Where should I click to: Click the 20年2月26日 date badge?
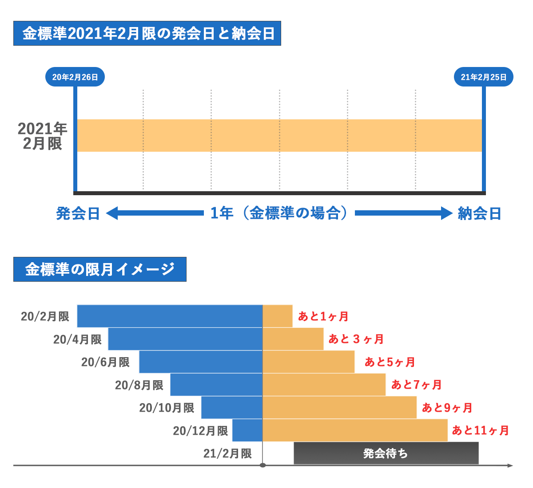click(x=75, y=77)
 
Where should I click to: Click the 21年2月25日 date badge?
click(x=483, y=77)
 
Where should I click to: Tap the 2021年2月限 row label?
click(x=42, y=136)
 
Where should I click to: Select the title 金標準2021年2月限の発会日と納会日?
click(x=147, y=33)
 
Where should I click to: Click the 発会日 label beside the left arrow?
click(x=78, y=213)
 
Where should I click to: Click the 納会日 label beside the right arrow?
click(x=480, y=213)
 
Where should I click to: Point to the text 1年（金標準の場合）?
click(x=279, y=213)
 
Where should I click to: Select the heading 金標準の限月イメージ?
click(x=100, y=269)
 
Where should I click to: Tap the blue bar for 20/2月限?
click(x=170, y=316)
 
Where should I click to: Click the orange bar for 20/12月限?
click(x=355, y=430)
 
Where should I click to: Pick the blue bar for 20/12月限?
click(x=247, y=430)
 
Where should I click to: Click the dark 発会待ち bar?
click(x=386, y=453)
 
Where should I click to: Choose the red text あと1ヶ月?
click(x=323, y=316)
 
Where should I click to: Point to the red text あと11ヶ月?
click(x=481, y=430)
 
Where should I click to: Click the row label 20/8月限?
click(x=139, y=385)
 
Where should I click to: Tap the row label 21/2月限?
click(x=227, y=453)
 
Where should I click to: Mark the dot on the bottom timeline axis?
click(x=263, y=465)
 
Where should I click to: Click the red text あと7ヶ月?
click(x=416, y=385)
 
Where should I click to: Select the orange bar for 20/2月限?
click(x=278, y=316)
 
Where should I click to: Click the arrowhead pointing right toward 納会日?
click(x=446, y=213)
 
